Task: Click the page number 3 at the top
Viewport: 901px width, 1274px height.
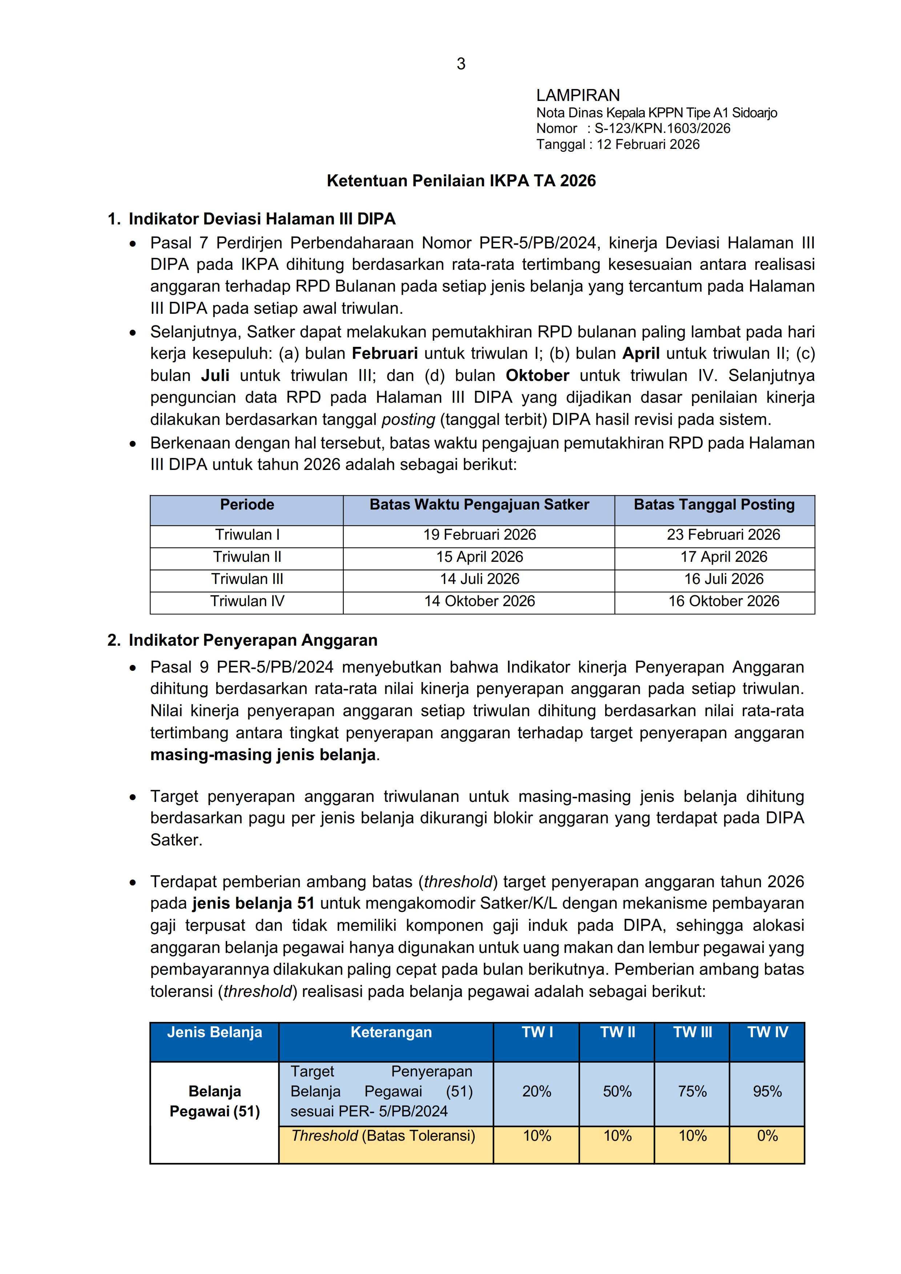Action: coord(461,64)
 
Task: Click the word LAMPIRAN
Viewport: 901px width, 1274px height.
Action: coord(578,96)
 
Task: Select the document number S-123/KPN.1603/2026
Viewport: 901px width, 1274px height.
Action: coord(662,129)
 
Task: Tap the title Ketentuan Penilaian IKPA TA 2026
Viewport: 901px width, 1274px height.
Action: coord(461,181)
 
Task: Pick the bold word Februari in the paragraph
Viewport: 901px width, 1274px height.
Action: coord(385,353)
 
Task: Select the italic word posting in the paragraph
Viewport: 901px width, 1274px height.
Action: coord(408,419)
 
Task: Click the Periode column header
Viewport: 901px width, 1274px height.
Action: coord(247,505)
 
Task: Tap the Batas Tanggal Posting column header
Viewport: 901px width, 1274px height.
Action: coord(714,505)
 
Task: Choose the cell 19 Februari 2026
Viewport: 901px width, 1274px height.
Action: coord(479,535)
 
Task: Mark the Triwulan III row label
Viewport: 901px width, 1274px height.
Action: coord(247,579)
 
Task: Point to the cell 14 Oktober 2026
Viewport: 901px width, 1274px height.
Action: coord(479,601)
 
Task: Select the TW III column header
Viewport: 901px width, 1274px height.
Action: coord(692,1032)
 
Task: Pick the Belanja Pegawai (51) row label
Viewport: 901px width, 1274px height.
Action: coord(215,1101)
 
